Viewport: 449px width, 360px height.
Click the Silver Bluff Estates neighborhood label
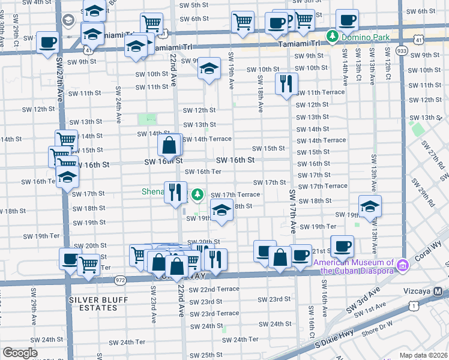[93, 303]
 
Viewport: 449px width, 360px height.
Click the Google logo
[20, 353]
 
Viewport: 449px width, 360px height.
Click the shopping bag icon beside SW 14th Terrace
[170, 145]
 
